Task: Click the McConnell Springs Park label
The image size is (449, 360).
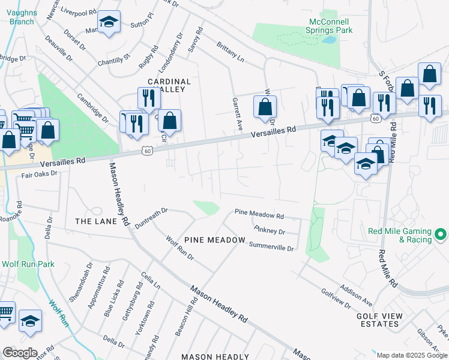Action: tap(328, 25)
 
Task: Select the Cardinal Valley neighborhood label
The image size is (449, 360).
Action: tap(169, 85)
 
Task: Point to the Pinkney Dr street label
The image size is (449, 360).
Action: tap(269, 230)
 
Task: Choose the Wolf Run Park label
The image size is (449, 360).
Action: tap(28, 264)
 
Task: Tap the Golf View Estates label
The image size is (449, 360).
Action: tap(377, 319)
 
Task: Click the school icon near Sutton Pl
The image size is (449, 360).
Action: tap(109, 22)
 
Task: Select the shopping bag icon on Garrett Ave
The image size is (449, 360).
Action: tap(265, 108)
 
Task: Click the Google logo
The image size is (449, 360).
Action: tap(20, 353)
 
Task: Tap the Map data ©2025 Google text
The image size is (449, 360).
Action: tap(412, 355)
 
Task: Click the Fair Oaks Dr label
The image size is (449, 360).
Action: tap(38, 173)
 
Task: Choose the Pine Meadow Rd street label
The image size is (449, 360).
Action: tap(259, 214)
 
